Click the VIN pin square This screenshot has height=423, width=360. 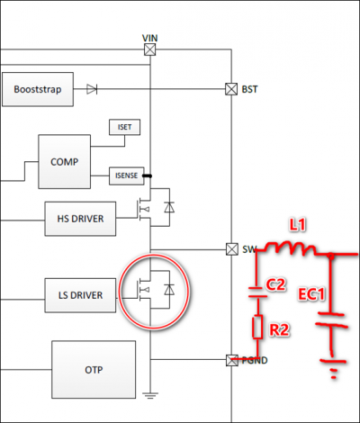tap(150, 49)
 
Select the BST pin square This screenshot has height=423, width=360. tap(231, 89)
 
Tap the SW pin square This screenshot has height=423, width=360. tap(231, 249)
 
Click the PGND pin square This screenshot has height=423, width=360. tap(231, 360)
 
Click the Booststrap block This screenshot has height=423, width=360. tap(38, 89)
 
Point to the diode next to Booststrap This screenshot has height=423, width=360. tap(92, 89)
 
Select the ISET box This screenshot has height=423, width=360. tap(124, 127)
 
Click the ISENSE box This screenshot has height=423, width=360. tap(127, 175)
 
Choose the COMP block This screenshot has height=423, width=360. tap(65, 162)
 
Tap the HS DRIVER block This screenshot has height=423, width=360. tap(80, 219)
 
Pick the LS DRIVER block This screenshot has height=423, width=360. tap(80, 295)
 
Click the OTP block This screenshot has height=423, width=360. tap(94, 370)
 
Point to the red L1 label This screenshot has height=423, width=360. tap(297, 225)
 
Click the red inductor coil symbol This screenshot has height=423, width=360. tap(290, 248)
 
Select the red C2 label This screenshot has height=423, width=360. tap(275, 284)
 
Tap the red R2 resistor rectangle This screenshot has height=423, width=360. tap(257, 327)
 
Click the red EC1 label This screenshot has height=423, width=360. tap(311, 294)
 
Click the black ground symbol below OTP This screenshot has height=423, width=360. tap(150, 395)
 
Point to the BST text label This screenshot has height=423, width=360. tap(249, 89)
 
